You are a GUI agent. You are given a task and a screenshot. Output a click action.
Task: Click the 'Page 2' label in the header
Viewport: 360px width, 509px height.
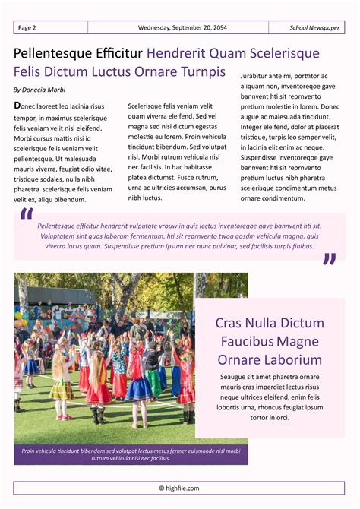pos(27,27)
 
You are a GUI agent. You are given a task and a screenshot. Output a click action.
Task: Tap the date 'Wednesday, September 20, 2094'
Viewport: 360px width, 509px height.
pos(182,27)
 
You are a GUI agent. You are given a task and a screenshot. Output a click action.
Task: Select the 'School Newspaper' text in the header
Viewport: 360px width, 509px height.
pos(314,27)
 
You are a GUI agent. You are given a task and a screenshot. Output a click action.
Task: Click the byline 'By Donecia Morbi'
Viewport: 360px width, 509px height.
pos(39,90)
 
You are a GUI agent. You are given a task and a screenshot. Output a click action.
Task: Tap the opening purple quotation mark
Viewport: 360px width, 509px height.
pos(27,217)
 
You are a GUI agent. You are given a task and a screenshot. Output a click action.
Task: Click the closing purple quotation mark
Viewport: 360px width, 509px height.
pos(329,260)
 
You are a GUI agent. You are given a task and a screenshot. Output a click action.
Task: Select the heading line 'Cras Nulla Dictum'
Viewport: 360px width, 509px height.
pos(270,322)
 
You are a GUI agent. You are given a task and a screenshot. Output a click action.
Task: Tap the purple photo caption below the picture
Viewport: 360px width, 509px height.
pos(131,454)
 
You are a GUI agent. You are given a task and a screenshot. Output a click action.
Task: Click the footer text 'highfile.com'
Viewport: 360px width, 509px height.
pos(183,488)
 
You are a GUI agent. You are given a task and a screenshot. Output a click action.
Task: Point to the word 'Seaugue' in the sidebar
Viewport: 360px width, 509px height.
pos(235,377)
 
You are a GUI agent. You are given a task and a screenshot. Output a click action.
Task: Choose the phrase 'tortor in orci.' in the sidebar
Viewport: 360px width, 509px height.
pos(270,418)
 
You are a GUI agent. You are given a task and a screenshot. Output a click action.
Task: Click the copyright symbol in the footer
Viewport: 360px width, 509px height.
pos(162,488)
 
